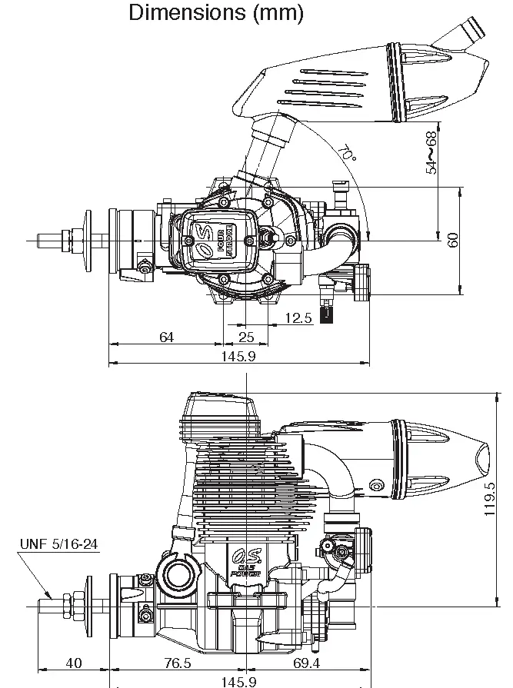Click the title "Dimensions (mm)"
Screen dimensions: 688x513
coord(216,13)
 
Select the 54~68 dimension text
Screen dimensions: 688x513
coord(431,152)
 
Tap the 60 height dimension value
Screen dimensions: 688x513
coord(453,240)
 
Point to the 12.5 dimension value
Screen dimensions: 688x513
coord(298,318)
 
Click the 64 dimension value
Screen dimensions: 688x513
coord(166,337)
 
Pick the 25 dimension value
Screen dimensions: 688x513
coord(247,337)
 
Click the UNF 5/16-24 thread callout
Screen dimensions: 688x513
coord(59,545)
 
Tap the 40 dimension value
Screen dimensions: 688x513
coord(74,663)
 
